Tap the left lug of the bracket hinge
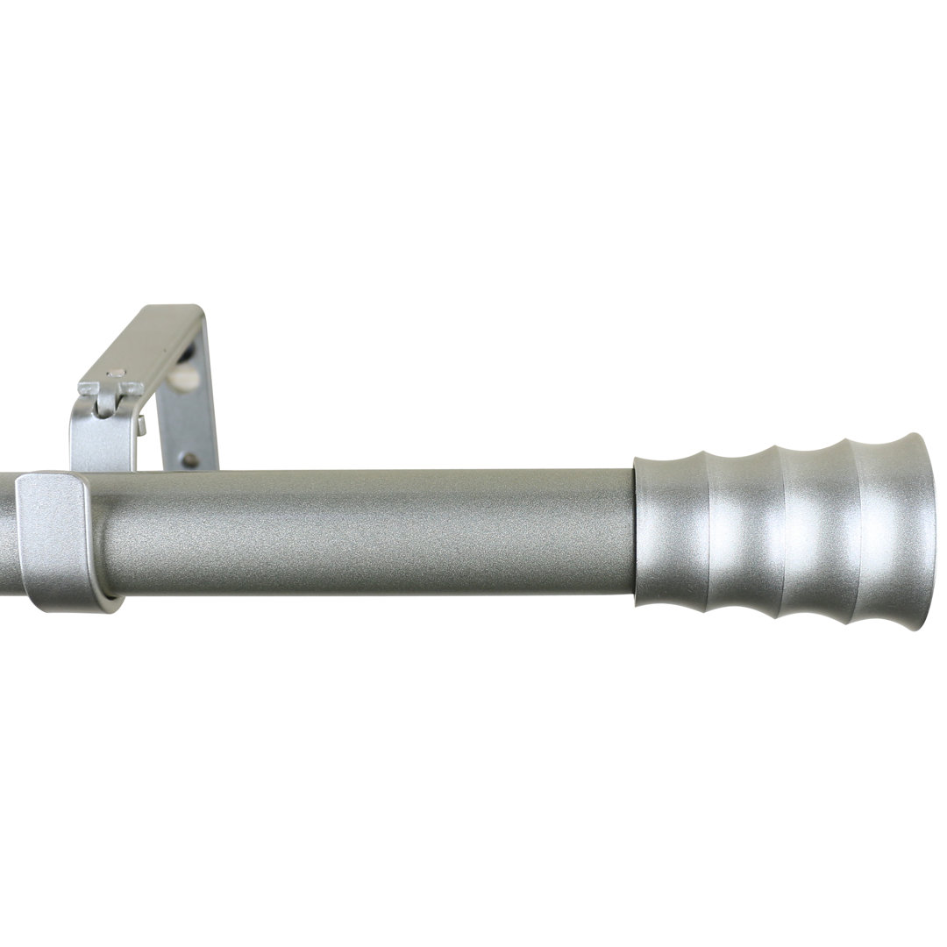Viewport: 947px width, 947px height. click(89, 388)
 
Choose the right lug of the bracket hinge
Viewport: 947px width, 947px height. click(132, 388)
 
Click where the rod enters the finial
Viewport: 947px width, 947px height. click(633, 533)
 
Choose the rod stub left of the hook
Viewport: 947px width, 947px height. click(8, 535)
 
